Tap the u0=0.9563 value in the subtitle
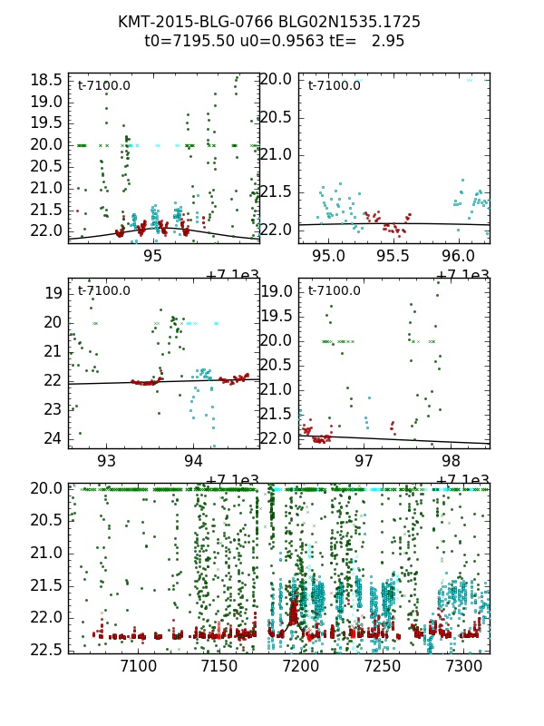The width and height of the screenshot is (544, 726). point(273,41)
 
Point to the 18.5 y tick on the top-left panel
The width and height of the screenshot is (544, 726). point(46,80)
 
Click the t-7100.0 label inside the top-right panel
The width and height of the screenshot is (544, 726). point(335,85)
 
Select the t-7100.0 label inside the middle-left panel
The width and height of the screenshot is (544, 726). point(104,290)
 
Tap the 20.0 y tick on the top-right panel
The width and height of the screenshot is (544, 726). point(277,80)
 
